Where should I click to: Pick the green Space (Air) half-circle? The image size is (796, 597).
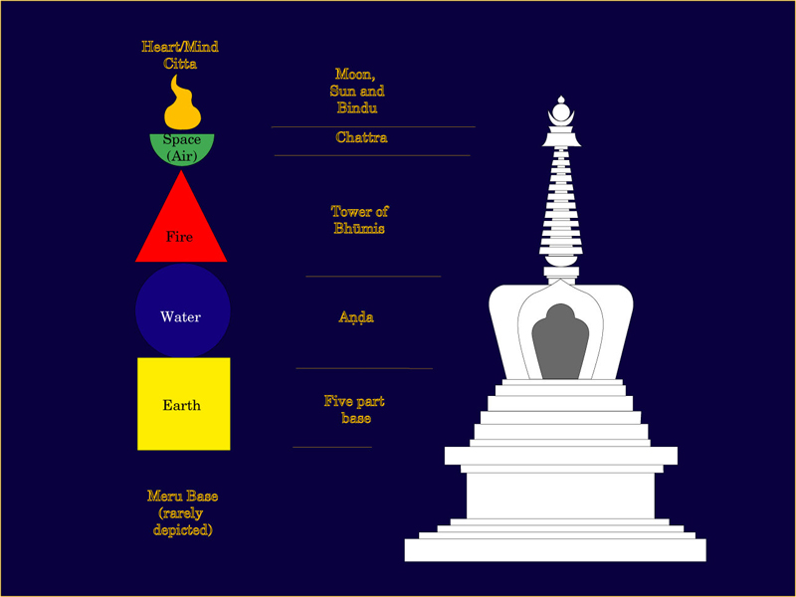[x=182, y=149]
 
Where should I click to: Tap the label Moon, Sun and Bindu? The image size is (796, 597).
[x=356, y=91]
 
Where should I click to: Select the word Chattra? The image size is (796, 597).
[x=361, y=138]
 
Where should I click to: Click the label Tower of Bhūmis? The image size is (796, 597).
[x=358, y=220]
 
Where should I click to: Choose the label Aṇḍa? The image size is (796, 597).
[x=356, y=317]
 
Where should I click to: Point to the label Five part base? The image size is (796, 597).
[x=354, y=410]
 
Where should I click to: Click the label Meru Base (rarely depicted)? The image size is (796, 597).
[x=182, y=513]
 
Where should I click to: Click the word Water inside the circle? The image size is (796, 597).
[x=180, y=317]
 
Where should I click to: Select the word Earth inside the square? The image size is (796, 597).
[x=181, y=406]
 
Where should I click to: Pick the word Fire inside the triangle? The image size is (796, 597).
[x=180, y=238]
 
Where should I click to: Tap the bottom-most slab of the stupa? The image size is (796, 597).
[x=555, y=550]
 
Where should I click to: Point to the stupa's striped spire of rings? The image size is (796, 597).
[x=562, y=199]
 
